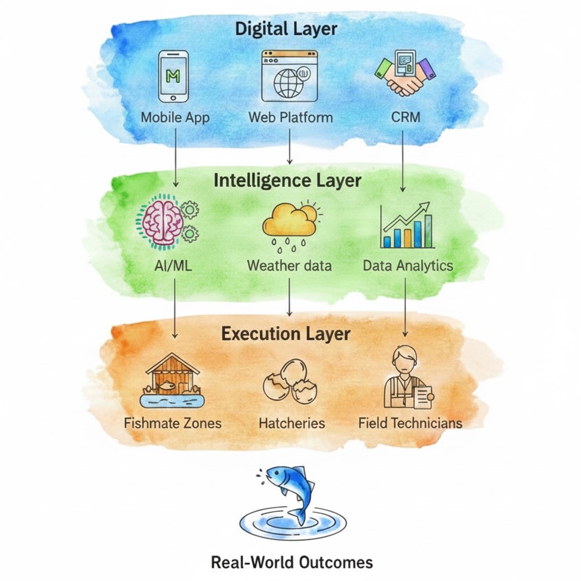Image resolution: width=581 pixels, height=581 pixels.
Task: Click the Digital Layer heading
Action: pos(286,29)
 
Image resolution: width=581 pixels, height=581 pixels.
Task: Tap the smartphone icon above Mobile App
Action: pos(173,77)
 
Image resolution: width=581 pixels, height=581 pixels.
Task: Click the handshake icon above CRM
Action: pos(405,73)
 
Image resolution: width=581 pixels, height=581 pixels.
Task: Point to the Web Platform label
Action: pos(290,117)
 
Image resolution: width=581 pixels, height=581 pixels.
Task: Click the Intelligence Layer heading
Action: pos(288,181)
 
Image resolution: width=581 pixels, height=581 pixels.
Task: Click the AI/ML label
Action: pos(173,266)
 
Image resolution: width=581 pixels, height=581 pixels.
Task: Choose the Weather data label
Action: pos(289,266)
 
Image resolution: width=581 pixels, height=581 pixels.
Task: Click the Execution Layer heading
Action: pos(286,334)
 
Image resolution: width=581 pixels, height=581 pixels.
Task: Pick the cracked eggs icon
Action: pos(290,381)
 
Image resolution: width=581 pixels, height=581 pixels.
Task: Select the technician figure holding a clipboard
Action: pos(407,377)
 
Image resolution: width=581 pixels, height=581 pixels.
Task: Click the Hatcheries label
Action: pos(292,423)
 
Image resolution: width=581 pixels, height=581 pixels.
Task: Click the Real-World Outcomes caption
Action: pos(292,562)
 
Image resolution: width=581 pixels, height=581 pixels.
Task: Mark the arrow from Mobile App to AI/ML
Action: pos(176,158)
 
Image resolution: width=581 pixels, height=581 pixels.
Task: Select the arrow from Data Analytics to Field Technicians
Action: pos(405,307)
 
